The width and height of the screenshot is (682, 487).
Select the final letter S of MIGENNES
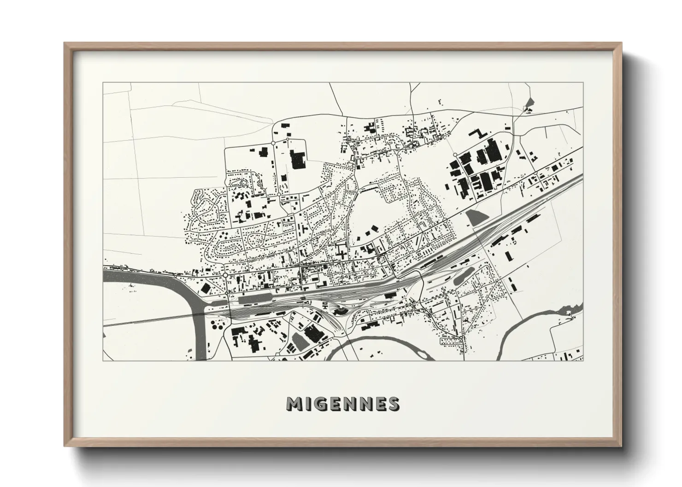click(394, 404)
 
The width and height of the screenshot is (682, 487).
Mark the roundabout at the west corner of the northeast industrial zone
click(455, 155)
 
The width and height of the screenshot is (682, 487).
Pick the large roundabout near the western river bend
click(225, 275)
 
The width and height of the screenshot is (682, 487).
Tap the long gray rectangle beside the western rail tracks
click(254, 300)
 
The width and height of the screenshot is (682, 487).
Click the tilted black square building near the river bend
click(205, 288)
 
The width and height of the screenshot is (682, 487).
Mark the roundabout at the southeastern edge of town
click(460, 338)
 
